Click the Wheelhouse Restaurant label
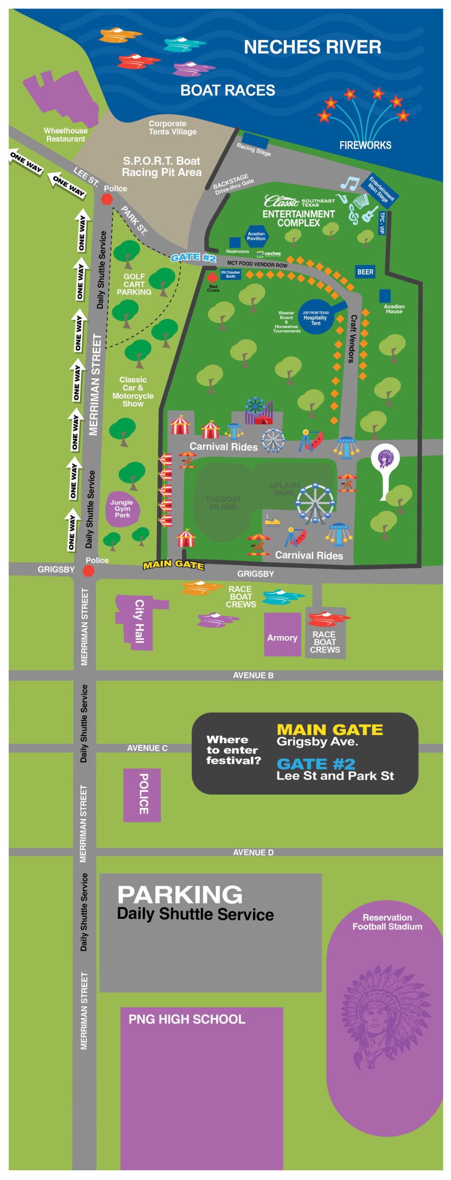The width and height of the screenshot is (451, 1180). (x=65, y=135)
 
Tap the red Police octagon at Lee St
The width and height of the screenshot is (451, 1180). (x=107, y=199)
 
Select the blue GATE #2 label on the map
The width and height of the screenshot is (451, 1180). (x=193, y=257)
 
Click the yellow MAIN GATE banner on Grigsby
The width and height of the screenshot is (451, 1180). (x=173, y=564)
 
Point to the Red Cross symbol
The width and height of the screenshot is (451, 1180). (x=212, y=278)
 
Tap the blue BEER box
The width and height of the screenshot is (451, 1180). (x=365, y=272)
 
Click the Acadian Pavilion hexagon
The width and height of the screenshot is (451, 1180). (x=256, y=236)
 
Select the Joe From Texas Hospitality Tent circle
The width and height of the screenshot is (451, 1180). (x=316, y=317)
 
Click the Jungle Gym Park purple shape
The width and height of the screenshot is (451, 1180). (x=122, y=509)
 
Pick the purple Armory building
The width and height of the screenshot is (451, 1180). (x=282, y=635)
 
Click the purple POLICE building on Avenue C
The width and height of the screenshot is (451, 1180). (x=142, y=794)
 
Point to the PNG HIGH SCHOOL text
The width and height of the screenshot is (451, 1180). (x=187, y=1019)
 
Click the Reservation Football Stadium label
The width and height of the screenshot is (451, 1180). (x=387, y=922)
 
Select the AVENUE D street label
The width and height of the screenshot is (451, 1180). (x=253, y=852)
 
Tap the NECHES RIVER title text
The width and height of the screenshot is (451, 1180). (x=312, y=47)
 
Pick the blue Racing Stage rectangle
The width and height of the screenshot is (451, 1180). (x=255, y=140)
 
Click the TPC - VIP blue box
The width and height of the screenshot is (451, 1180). (x=381, y=223)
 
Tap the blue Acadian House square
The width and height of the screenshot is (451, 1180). (x=385, y=295)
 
